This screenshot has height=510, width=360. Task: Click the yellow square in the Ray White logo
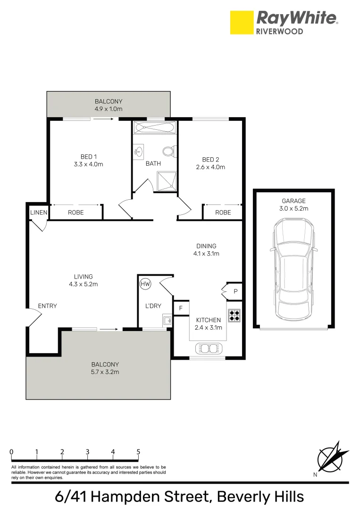[241, 23]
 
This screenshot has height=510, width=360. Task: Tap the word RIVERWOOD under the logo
[280, 31]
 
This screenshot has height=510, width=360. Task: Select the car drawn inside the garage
[293, 269]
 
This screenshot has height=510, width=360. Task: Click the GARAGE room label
[294, 201]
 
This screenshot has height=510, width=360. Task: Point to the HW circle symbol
[145, 284]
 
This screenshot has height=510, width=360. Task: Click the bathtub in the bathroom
[155, 127]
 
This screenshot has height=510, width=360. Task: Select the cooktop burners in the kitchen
[234, 315]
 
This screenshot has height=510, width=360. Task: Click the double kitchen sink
[208, 348]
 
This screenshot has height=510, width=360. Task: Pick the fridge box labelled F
[180, 308]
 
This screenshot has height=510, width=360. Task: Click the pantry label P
[235, 292]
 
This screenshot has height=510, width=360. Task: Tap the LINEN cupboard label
[39, 212]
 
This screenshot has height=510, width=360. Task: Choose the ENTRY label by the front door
[47, 306]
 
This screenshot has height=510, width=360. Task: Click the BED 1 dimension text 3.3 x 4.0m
[89, 164]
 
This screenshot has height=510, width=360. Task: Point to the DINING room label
[206, 246]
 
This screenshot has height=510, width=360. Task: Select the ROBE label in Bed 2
[223, 212]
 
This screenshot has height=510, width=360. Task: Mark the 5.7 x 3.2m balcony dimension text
[105, 372]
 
